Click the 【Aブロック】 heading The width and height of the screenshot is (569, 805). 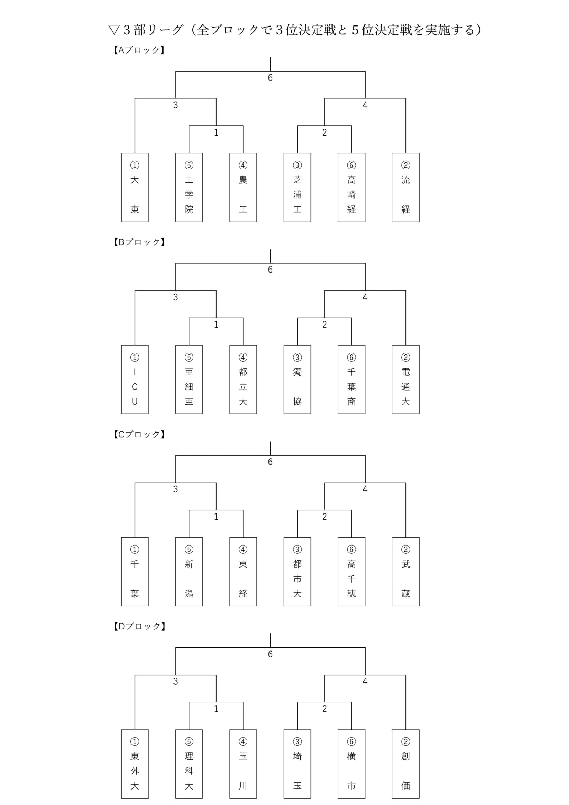pos(139,50)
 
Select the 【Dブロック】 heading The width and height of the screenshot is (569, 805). pos(139,626)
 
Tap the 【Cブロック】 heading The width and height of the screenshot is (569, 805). pos(139,434)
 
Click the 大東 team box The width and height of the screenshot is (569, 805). pos(135,188)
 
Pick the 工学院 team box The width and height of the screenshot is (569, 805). pos(189,188)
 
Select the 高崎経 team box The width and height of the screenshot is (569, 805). pos(351,188)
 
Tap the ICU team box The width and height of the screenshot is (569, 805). pos(135,379)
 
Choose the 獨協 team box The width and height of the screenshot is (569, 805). pos(297,379)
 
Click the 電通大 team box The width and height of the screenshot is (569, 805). pos(405,379)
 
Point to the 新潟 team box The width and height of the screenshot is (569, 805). pos(189,572)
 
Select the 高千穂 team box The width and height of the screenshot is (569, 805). pos(351,572)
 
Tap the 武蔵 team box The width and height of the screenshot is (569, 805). pos(405,572)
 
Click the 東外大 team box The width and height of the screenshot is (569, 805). pos(135,764)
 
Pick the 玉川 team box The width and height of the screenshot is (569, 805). pos(243,764)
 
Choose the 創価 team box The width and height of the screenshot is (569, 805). pos(405,764)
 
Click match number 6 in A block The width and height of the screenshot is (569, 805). pos(270,78)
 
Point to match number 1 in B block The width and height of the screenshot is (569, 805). pos(216,325)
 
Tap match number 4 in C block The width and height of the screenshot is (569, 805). pos(365,489)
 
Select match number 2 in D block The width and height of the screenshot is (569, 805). pos(324,709)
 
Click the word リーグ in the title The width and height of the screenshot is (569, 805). pos(165,30)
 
